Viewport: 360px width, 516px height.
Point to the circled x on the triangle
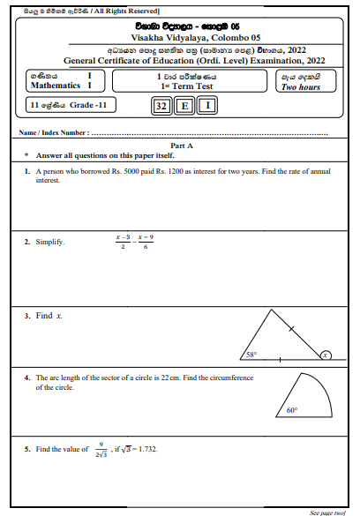324,355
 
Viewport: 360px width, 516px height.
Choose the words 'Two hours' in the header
301,87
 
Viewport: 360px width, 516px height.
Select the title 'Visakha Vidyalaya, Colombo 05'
180,38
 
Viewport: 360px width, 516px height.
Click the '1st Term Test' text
181,86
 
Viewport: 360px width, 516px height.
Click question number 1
27,172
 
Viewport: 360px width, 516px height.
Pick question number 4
27,378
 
